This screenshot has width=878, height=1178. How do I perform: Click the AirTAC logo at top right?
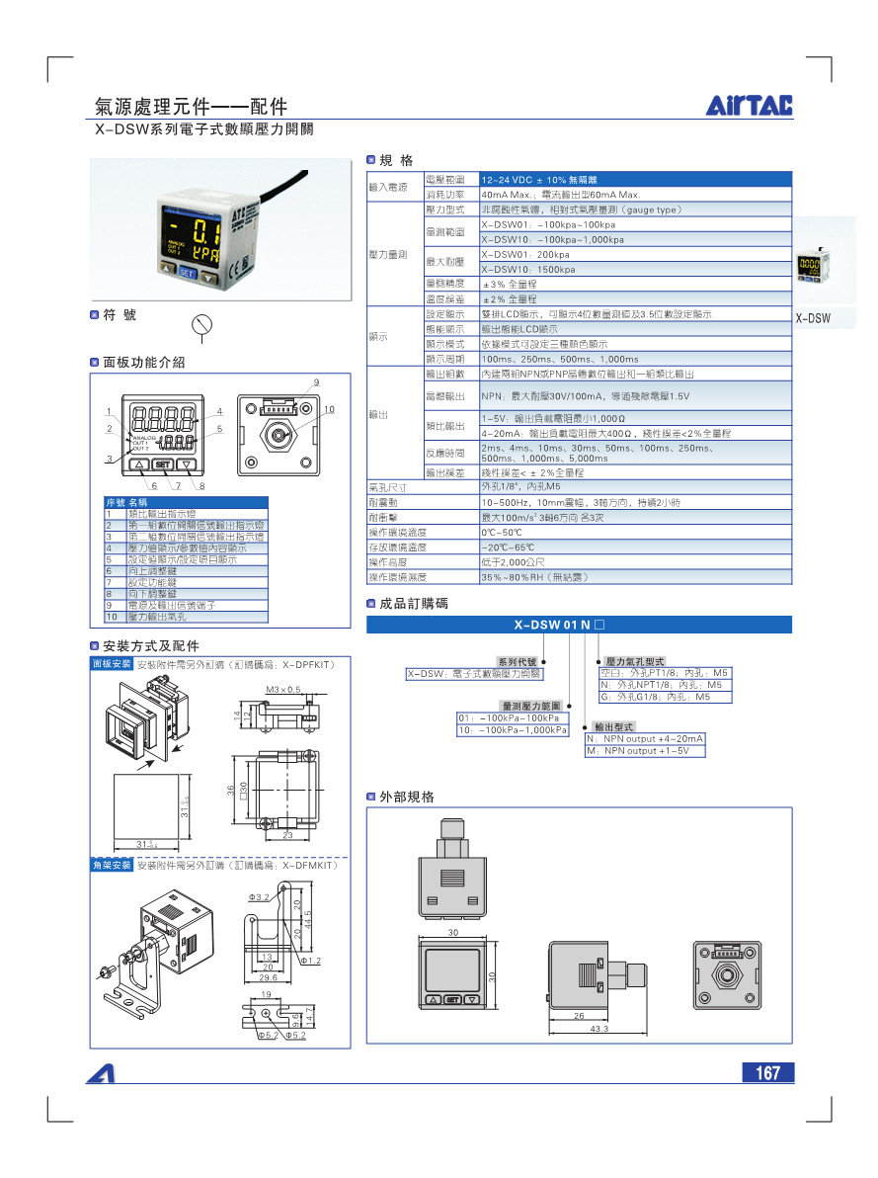[750, 106]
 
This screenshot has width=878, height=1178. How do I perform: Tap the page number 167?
[767, 1073]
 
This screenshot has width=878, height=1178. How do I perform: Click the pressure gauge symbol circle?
[201, 325]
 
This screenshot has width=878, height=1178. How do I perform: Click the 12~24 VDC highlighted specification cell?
[635, 180]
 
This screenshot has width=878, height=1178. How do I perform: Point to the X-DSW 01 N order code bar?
[580, 625]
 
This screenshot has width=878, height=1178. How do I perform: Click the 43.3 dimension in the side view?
[599, 1029]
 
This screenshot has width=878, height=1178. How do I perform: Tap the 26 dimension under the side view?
[579, 1015]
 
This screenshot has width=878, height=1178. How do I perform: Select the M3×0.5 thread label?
[283, 689]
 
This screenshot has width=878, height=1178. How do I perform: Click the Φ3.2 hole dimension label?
[258, 896]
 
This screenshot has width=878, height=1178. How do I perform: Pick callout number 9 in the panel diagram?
[316, 382]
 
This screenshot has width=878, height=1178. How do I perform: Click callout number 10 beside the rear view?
[329, 409]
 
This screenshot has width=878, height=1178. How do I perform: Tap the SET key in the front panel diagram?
[163, 463]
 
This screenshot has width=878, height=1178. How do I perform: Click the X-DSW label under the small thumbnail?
[813, 318]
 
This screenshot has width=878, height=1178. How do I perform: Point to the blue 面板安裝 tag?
[112, 664]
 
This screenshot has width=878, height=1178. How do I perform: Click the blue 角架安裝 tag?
[112, 865]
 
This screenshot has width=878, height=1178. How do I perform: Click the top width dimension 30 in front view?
[453, 932]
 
